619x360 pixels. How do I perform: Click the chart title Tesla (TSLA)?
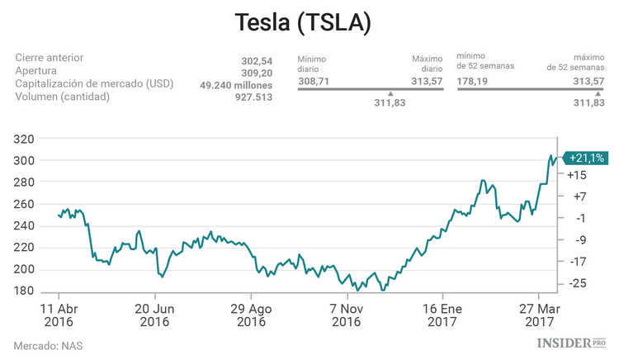pos(303,22)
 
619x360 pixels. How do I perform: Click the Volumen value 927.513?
pos(251,97)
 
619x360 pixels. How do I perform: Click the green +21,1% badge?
pos(586,157)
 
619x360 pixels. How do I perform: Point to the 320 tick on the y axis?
pos(24,139)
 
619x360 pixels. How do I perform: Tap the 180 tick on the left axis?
pos(24,291)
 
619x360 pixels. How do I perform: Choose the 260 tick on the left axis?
pos(24,204)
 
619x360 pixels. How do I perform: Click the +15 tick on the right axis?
pos(577,174)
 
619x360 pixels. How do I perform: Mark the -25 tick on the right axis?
pos(577,284)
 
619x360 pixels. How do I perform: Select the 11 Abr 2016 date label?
pos(59,315)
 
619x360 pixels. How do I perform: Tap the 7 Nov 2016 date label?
pos(347,315)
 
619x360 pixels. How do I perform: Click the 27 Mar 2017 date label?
pos(538,315)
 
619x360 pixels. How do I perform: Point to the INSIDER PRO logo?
pos(570,342)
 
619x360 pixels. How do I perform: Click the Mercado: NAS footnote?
pos(48,345)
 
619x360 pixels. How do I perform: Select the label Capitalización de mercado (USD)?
pos(97,84)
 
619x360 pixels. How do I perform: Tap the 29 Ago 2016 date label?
pos(251,315)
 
